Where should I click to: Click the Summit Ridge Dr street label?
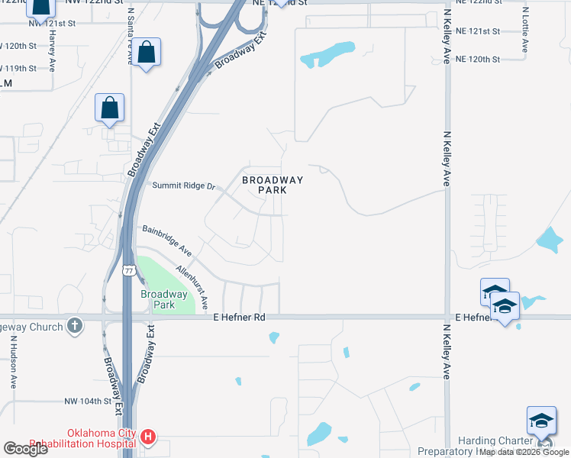tap(185, 185)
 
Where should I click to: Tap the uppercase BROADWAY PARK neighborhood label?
tap(273, 185)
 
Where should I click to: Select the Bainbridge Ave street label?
tap(165, 240)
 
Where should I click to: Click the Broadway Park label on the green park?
tap(163, 299)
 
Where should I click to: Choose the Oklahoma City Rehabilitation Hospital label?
tap(102, 438)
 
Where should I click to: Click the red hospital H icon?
tap(149, 437)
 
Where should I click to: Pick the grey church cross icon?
tap(74, 325)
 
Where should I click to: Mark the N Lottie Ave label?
tap(525, 31)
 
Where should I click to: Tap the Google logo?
tap(25, 449)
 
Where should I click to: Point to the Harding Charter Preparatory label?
tap(496, 446)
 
